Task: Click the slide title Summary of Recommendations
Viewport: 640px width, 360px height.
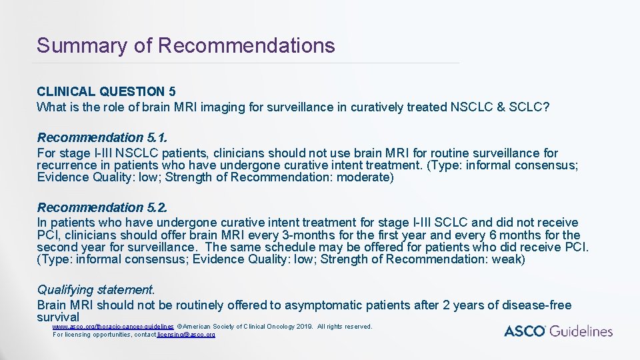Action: [185, 45]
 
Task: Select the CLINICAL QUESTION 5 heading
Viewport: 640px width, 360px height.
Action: [106, 92]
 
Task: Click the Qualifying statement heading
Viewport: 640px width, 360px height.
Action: [96, 290]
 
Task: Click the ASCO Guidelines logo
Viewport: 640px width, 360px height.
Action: [558, 331]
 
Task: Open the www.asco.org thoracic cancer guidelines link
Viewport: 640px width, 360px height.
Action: [113, 327]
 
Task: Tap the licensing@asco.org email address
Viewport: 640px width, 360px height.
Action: [186, 334]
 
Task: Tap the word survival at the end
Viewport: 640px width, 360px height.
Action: [58, 317]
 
